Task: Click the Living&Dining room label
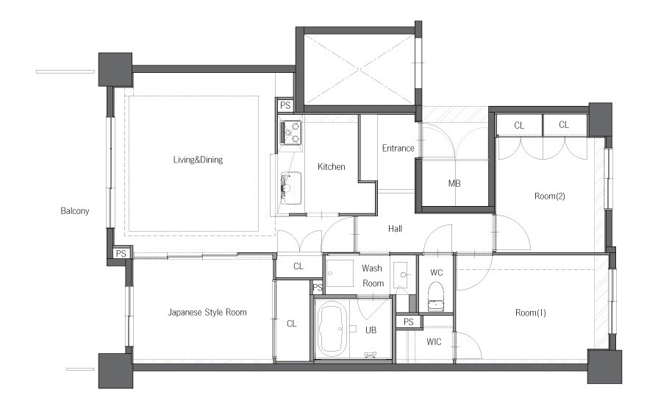198,160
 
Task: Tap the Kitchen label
331,167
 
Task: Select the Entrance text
398,149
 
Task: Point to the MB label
454,183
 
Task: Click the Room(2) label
550,196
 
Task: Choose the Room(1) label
530,313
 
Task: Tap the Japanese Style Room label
207,313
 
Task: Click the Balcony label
75,211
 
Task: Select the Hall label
395,229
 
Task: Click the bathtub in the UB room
332,329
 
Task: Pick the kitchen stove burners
290,132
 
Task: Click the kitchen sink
290,188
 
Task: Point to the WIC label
434,342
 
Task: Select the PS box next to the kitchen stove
285,105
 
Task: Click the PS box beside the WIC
408,322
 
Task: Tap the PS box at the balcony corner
121,253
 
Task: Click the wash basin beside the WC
404,275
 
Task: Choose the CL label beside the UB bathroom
292,324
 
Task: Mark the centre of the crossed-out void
360,69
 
